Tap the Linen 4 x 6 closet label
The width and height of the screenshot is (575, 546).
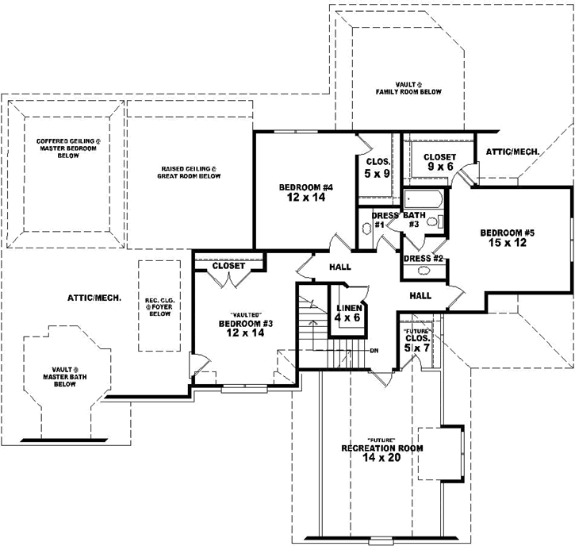(x=348, y=312)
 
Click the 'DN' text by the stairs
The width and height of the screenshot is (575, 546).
(x=374, y=349)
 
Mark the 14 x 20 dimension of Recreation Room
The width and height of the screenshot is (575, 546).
(x=382, y=457)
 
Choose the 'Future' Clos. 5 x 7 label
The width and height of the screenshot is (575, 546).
(x=416, y=341)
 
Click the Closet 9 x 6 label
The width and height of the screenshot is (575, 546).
(x=439, y=162)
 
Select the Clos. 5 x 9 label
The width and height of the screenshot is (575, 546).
(x=376, y=169)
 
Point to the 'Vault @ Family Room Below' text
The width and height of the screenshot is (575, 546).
(x=408, y=87)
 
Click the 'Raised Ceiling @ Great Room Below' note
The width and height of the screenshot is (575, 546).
(x=190, y=172)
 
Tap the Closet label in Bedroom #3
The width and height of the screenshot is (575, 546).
(x=228, y=266)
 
